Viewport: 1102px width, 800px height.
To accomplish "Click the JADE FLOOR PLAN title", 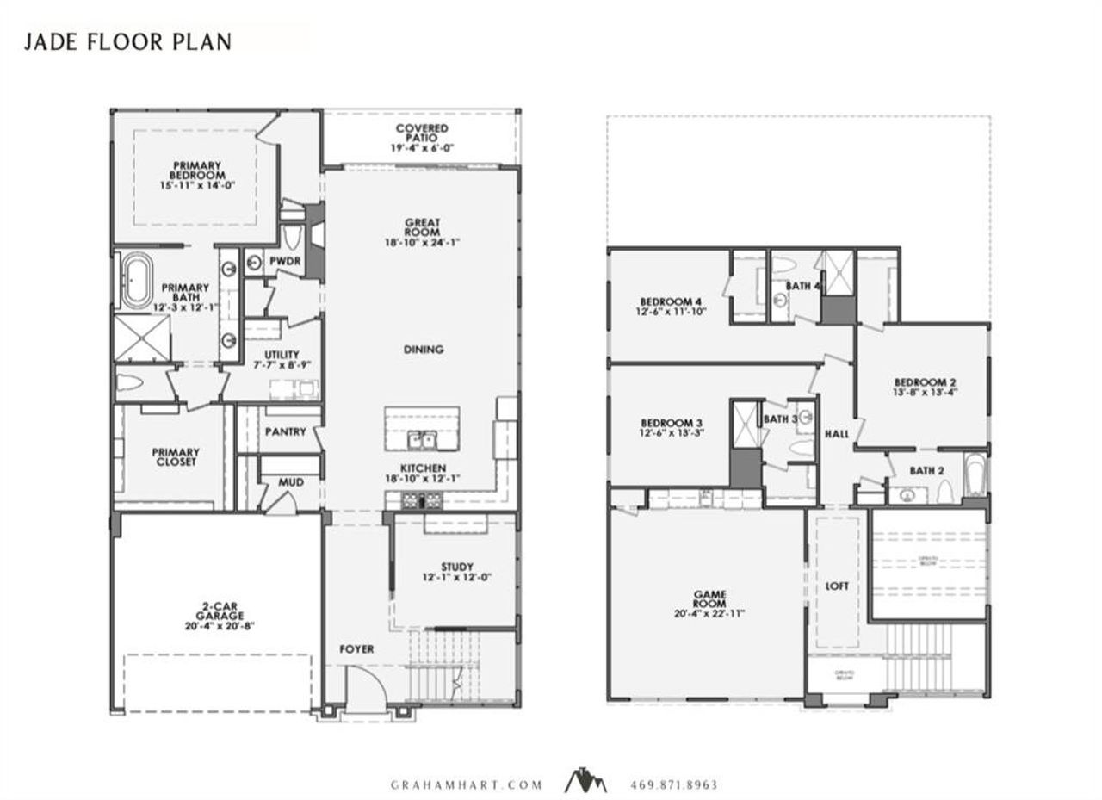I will click(127, 41).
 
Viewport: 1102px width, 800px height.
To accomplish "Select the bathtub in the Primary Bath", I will click(136, 280).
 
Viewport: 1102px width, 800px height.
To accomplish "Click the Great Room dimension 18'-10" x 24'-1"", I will click(422, 243).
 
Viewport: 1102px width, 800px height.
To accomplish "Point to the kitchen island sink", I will click(423, 440).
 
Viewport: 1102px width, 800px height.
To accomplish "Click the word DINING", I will click(422, 350).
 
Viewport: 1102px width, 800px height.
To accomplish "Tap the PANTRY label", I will click(285, 431).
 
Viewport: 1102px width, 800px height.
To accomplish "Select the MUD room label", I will click(291, 482).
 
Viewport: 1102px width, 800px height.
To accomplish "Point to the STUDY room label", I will click(457, 567).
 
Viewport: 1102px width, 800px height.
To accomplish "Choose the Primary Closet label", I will click(176, 456).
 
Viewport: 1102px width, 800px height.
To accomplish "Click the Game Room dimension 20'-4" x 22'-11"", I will click(709, 614).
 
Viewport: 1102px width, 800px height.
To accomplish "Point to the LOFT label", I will click(837, 586).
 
